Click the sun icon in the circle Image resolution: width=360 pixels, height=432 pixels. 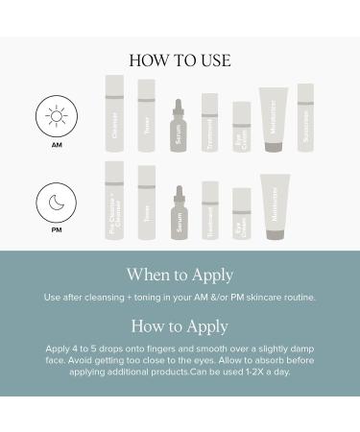(x=56, y=116)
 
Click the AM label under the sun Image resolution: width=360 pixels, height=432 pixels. (x=56, y=146)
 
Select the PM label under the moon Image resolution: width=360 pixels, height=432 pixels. (x=56, y=230)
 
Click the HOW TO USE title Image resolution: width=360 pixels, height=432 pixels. (x=180, y=60)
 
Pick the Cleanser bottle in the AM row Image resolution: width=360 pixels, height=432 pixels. (x=114, y=114)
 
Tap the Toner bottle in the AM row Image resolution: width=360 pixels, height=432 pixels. (x=146, y=116)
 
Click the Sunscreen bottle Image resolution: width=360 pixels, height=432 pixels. (x=305, y=118)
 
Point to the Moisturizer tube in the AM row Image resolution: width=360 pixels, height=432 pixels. (x=274, y=120)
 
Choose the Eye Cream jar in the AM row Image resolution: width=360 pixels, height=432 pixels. (x=242, y=127)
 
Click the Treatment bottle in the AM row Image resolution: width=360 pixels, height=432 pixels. (x=209, y=123)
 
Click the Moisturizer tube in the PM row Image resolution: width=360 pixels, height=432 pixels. (x=274, y=206)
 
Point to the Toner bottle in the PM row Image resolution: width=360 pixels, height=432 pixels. (x=146, y=203)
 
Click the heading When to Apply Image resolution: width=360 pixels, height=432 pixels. (x=180, y=275)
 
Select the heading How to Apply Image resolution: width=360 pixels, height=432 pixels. (x=180, y=325)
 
